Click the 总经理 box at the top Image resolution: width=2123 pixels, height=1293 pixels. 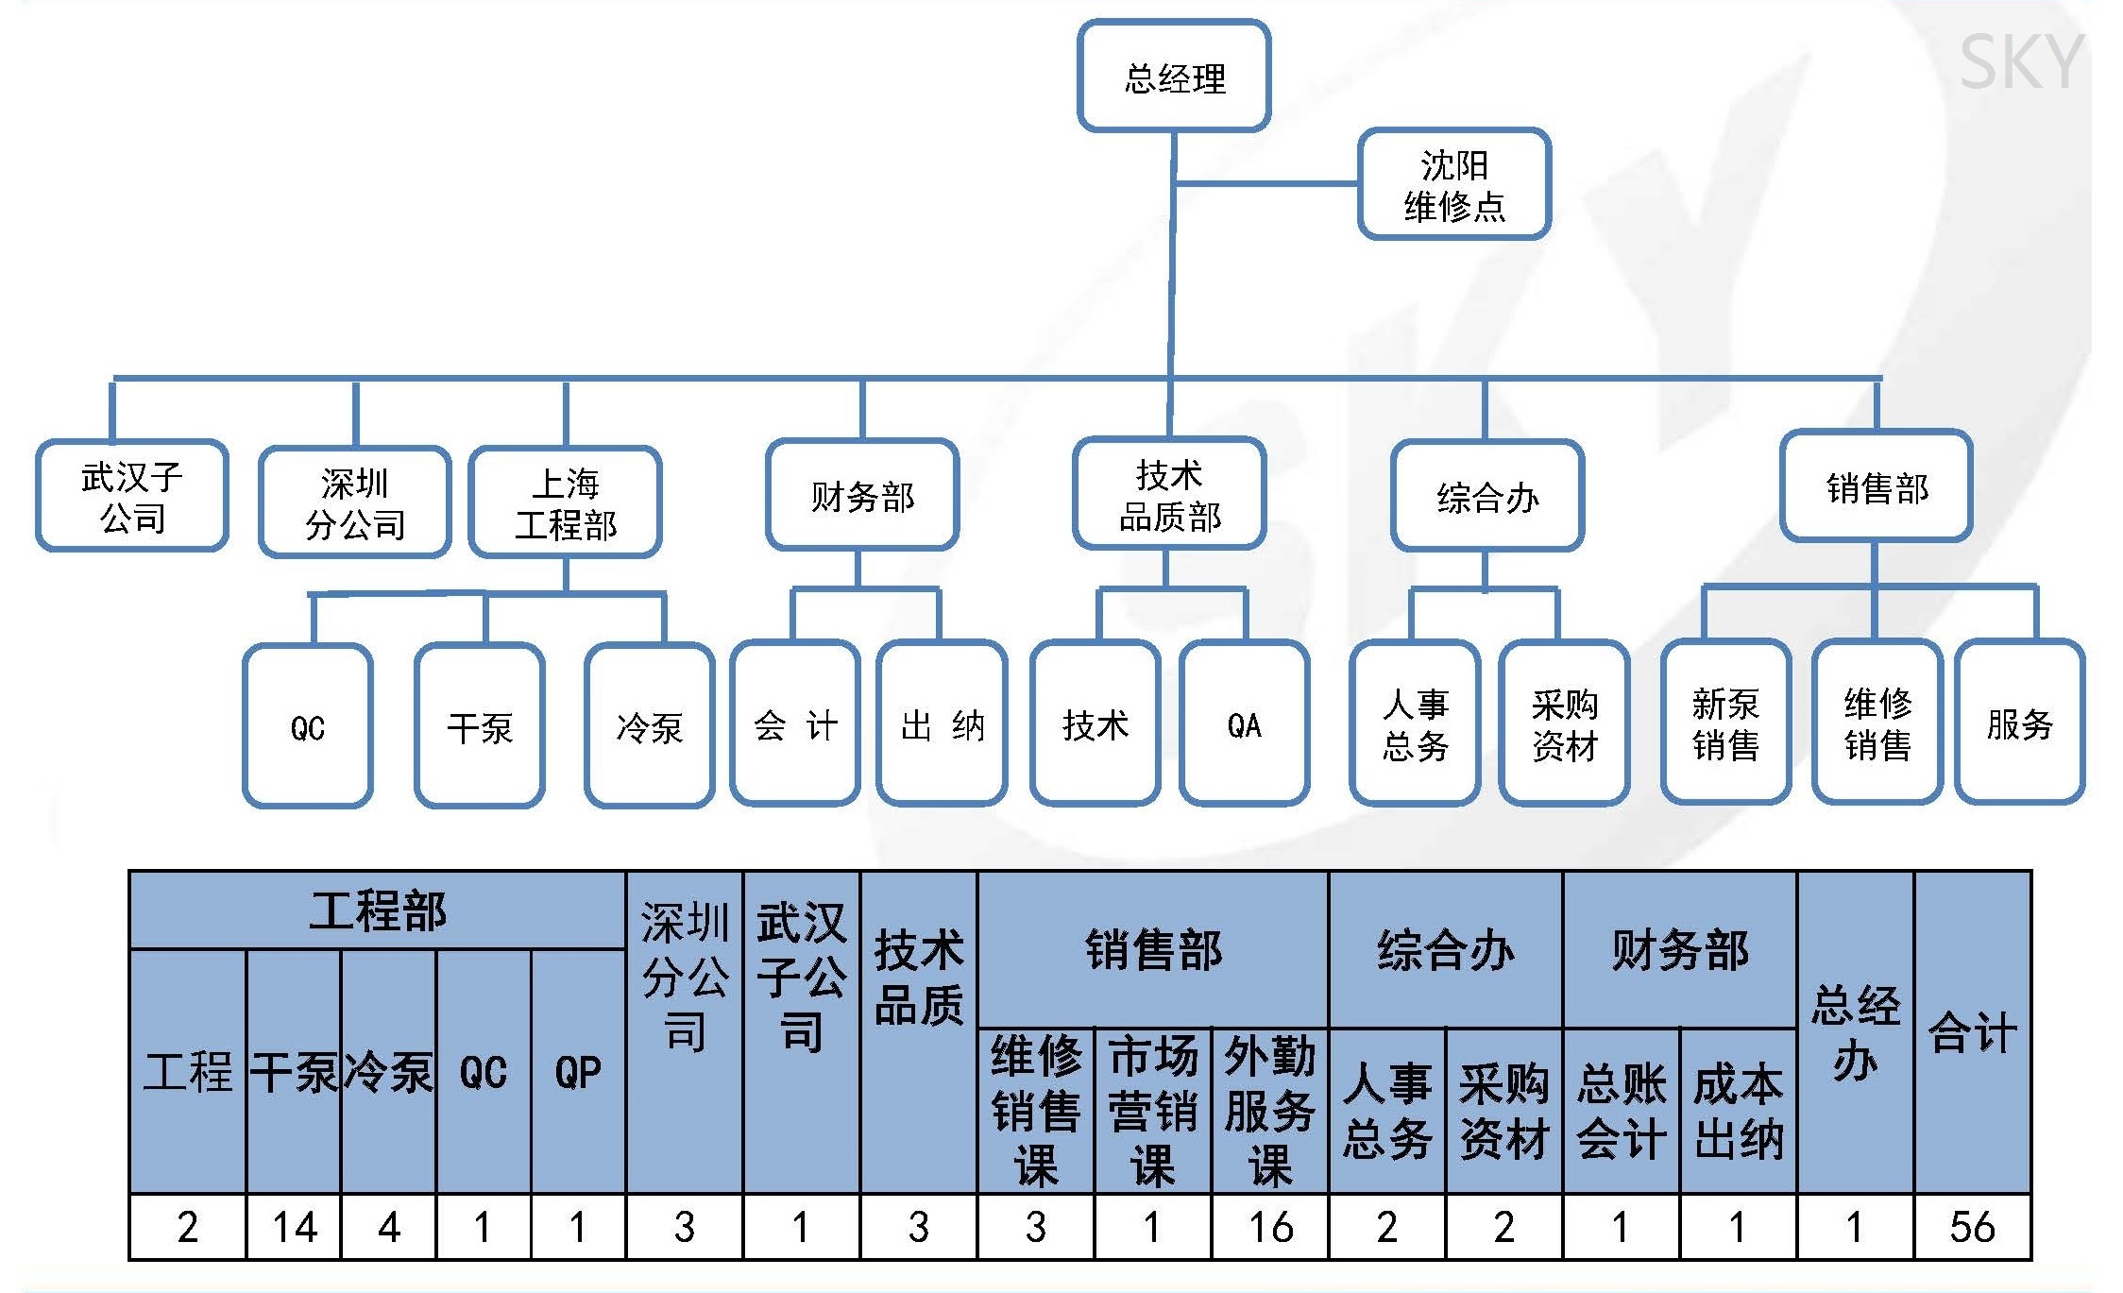pos(1174,77)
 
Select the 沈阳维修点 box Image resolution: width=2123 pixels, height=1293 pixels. pos(1454,184)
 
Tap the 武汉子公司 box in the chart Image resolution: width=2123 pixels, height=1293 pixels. pos(132,496)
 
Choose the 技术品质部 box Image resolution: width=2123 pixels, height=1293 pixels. pos(1169,494)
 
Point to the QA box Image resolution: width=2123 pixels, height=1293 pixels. pos(1245,723)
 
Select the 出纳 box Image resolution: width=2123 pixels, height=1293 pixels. pos(943,723)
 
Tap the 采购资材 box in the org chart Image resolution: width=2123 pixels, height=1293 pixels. pos(1565,723)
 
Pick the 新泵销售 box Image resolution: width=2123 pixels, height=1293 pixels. pos(1726,723)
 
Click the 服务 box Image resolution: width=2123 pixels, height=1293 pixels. pos(2020,723)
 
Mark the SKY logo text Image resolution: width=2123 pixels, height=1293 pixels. pos(2022,62)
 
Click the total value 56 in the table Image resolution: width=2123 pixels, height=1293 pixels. pos(1973,1227)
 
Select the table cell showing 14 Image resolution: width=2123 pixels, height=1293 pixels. pos(294,1227)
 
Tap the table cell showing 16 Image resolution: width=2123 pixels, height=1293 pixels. pos(1270,1227)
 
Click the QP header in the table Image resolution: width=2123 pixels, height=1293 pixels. pos(578,1072)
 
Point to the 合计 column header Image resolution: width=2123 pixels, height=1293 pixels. pos(1973,1032)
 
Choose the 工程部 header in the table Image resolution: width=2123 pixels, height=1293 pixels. pos(378,910)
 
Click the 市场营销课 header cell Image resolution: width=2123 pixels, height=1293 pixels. pos(1153,1111)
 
